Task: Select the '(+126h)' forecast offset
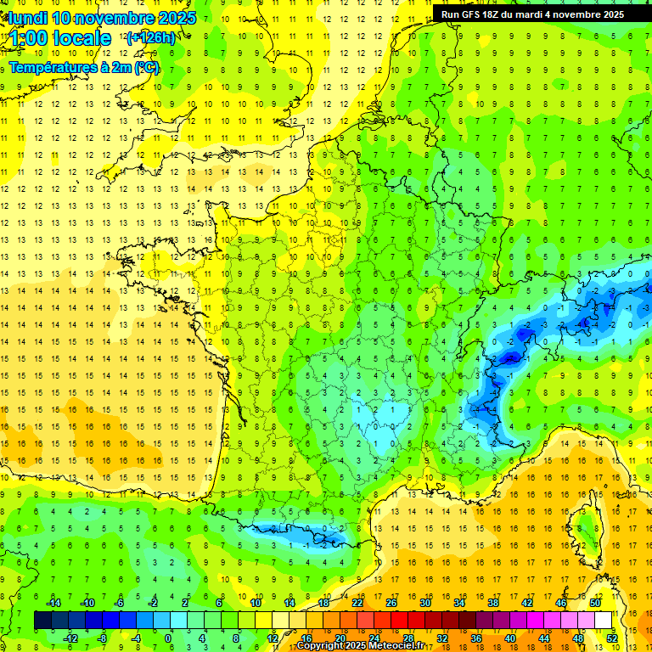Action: (151, 37)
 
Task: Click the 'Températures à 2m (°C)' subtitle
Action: (83, 67)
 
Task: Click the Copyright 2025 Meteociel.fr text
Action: (361, 646)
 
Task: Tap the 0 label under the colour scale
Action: (168, 638)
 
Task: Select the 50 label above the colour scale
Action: (595, 603)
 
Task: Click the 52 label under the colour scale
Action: (611, 638)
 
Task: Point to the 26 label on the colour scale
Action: (391, 603)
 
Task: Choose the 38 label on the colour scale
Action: (493, 603)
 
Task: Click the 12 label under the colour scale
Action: (273, 638)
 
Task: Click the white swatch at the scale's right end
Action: (604, 621)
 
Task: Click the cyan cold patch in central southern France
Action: (386, 420)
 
